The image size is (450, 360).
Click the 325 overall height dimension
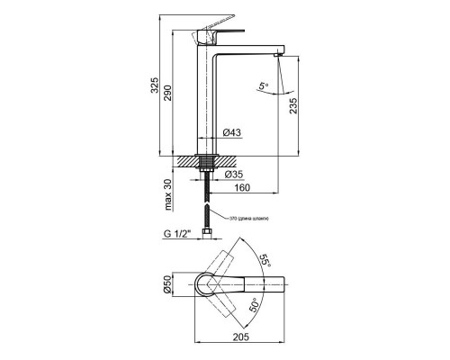[155, 85]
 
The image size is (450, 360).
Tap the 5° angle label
[263, 88]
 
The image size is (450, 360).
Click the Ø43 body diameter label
[231, 132]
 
